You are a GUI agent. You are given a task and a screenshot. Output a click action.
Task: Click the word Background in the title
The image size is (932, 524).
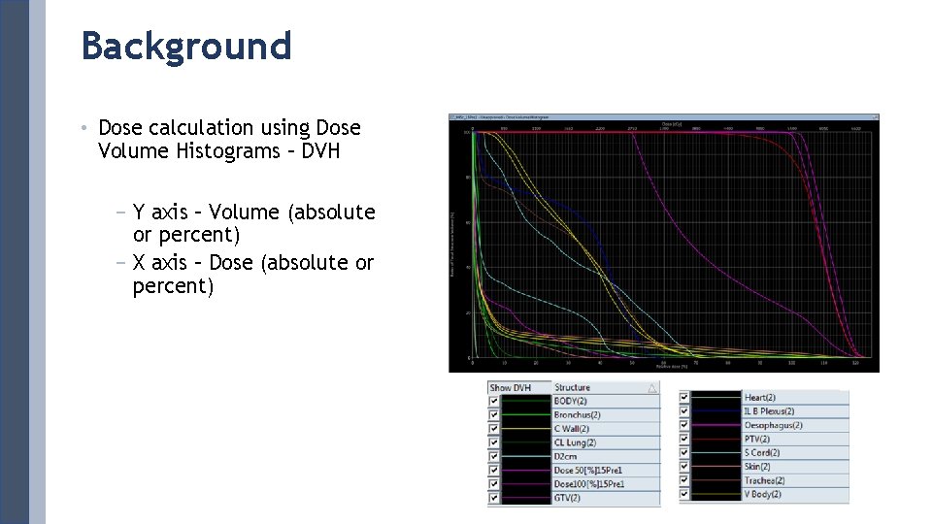click(186, 46)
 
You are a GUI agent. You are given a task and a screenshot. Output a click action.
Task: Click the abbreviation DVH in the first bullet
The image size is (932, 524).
click(320, 151)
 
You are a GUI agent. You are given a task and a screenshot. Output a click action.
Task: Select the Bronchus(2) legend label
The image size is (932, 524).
click(578, 415)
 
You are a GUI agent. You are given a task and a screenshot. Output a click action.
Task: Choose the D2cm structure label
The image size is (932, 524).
click(566, 456)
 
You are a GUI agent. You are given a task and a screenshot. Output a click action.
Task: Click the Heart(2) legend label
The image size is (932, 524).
click(759, 397)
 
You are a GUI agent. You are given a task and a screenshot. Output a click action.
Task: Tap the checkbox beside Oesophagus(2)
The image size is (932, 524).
click(685, 425)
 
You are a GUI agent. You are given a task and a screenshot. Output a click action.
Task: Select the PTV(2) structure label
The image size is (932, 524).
click(757, 439)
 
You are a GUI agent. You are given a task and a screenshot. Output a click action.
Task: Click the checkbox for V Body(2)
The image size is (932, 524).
click(685, 494)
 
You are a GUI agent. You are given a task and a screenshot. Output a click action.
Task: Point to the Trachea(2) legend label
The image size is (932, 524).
click(764, 480)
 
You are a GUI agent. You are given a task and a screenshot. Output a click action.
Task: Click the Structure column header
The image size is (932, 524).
click(572, 387)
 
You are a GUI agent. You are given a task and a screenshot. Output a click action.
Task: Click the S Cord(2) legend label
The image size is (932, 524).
click(762, 452)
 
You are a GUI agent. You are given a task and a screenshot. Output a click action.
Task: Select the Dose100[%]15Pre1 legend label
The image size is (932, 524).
click(588, 484)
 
